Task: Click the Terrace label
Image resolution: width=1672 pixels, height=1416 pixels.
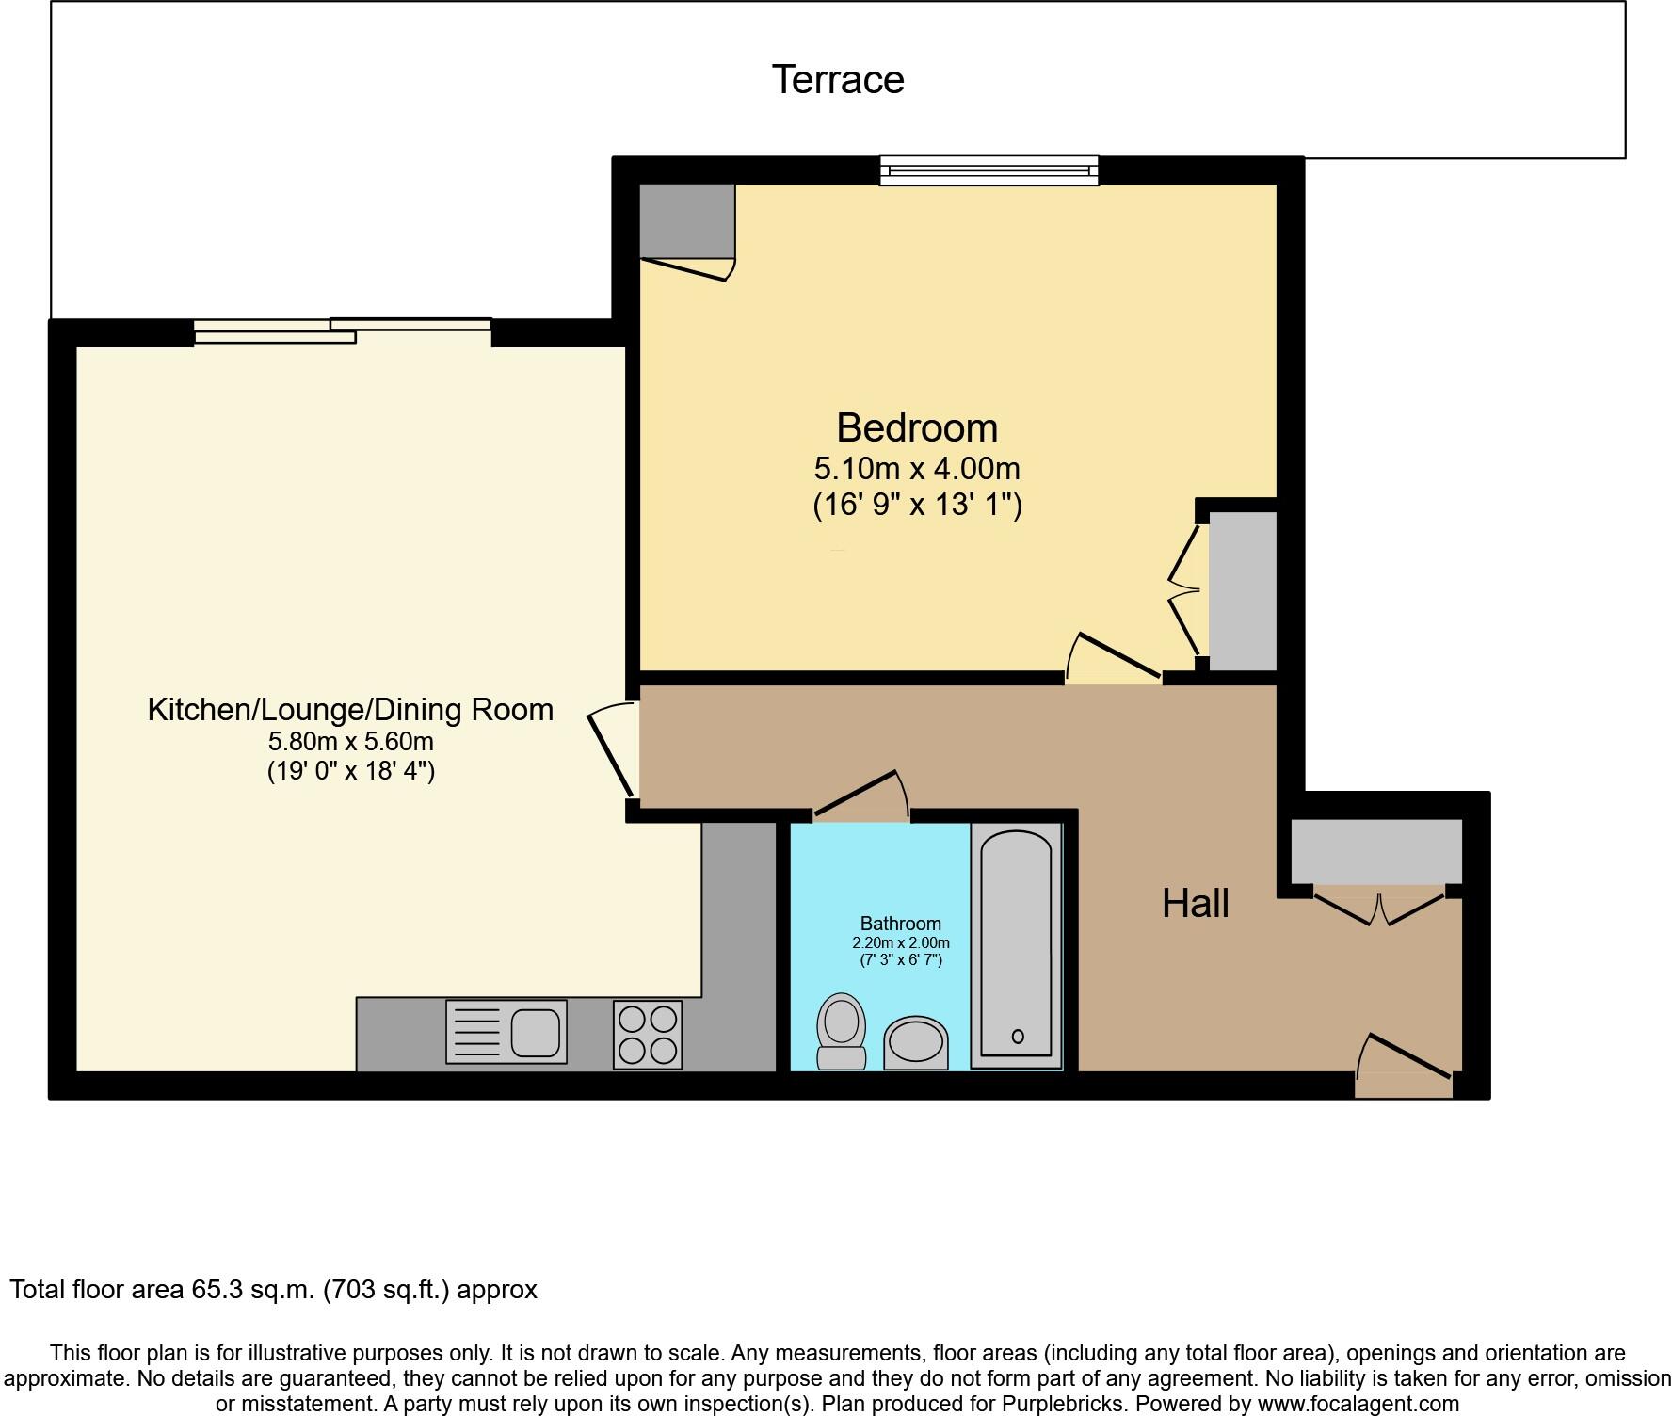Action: click(x=837, y=79)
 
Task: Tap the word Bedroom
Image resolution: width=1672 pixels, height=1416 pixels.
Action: click(x=916, y=427)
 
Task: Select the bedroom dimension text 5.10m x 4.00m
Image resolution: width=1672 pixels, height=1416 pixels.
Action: click(x=916, y=468)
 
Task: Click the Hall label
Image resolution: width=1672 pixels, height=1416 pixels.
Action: click(x=1195, y=903)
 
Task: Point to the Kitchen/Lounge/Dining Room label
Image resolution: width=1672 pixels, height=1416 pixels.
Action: click(x=350, y=709)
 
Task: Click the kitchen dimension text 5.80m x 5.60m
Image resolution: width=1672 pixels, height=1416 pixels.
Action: click(x=350, y=741)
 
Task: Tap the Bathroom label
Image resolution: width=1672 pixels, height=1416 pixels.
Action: click(x=900, y=924)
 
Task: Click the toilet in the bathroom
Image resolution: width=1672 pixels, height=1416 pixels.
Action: click(x=842, y=1031)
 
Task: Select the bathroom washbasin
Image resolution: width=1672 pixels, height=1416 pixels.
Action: click(x=915, y=1042)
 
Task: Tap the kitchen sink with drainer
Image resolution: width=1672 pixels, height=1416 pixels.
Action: click(x=506, y=1032)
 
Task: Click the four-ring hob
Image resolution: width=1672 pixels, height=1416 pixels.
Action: click(x=648, y=1034)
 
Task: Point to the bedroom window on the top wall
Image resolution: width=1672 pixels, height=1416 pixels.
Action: click(x=989, y=170)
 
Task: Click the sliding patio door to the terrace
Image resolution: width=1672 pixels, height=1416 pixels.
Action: click(x=344, y=330)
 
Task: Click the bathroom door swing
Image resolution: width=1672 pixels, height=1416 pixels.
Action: click(x=861, y=796)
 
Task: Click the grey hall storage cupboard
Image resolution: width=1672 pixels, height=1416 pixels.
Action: click(x=1375, y=850)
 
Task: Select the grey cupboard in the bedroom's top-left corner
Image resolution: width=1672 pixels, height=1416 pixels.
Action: click(x=686, y=220)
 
